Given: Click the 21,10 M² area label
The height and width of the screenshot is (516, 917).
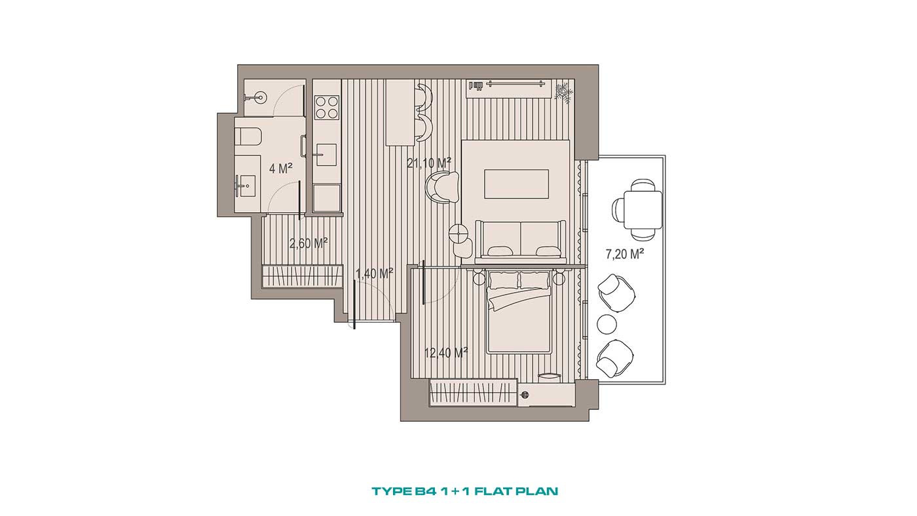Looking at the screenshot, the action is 429,163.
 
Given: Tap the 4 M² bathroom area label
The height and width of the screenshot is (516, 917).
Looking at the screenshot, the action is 281,168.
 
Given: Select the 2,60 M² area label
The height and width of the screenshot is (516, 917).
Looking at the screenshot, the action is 309,244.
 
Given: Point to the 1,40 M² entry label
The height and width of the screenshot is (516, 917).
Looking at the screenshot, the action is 375,273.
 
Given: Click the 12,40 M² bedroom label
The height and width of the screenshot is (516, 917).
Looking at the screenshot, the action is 446,352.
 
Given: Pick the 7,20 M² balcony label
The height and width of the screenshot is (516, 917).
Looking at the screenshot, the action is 625,254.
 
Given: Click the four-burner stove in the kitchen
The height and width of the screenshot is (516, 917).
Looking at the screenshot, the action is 327,107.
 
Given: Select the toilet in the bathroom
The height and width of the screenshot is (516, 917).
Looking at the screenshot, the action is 248,136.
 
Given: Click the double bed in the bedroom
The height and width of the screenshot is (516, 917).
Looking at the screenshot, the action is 519,311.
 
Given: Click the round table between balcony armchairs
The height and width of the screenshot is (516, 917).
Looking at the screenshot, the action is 607,324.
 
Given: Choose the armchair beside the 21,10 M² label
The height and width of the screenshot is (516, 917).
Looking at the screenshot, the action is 443,187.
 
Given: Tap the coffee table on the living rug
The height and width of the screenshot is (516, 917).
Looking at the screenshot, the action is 517,184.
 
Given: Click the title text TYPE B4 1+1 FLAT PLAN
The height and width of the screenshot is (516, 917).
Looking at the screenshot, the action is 464,490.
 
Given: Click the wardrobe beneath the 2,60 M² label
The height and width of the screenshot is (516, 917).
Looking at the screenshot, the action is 303,276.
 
